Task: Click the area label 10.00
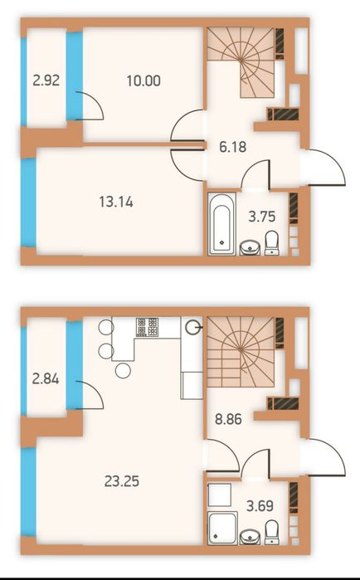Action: pos(144,80)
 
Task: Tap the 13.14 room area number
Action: pos(116,202)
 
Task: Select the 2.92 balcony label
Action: pos(46,80)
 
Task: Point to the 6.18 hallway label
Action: pos(232,147)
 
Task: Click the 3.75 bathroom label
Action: pos(261,217)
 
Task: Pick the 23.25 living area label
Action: pos(122,481)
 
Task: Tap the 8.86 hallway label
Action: pos(228,419)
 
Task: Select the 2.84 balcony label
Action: pos(46,379)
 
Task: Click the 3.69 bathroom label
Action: pos(260,505)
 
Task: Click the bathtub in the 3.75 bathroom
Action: pos(221,224)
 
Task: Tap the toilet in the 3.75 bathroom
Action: pos(272,243)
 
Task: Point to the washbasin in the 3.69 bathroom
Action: pos(251,537)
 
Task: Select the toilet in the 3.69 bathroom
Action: pos(272,532)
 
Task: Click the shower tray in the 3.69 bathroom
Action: pos(222,529)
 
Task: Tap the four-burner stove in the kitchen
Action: pos(147,327)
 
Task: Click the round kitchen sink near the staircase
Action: pos(193,327)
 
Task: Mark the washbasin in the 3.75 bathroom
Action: pos(251,248)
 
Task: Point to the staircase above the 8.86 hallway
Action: pos(241,352)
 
